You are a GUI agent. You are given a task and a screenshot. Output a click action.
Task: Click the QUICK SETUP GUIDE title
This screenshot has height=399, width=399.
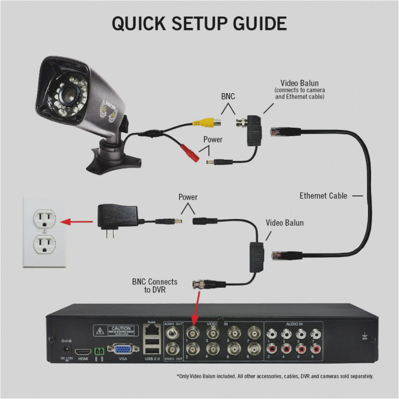199,24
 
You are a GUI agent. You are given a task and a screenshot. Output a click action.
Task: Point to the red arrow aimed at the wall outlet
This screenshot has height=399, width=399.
76,222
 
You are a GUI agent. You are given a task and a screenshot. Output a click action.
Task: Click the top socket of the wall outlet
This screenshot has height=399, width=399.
45,220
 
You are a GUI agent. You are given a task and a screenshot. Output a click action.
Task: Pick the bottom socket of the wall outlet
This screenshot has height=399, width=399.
45,246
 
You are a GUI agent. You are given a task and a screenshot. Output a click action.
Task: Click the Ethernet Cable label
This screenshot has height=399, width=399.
323,196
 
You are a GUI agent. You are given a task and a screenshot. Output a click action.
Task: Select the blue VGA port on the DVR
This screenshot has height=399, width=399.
123,350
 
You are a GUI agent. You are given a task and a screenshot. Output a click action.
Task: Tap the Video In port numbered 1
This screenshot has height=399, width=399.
192,332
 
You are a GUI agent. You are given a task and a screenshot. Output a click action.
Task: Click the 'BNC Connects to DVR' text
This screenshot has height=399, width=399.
154,286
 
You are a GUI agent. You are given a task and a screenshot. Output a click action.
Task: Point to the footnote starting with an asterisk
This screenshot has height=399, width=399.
275,376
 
